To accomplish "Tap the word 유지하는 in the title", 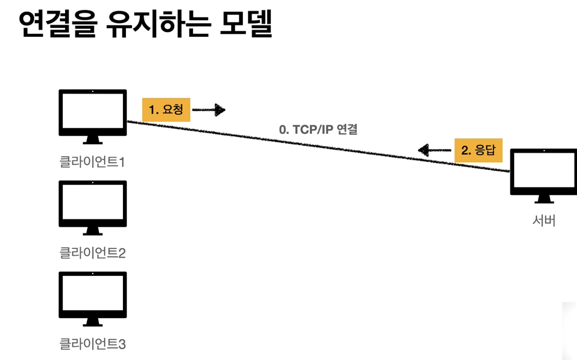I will click(156, 25).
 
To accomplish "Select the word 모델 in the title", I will click(246, 25).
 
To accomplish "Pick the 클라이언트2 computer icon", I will click(93, 206).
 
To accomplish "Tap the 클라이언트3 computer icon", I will click(93, 297).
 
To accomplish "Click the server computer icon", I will click(544, 175).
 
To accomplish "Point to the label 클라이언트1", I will click(92, 162).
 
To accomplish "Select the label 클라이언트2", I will click(93, 253).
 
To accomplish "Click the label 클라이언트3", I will click(93, 343).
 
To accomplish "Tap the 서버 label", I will click(544, 220).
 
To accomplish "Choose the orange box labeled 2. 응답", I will click(479, 150).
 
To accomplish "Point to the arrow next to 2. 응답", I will click(434, 150).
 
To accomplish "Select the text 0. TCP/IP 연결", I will click(318, 130).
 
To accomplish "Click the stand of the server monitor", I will click(544, 199).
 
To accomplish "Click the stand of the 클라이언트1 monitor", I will click(93, 140).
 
